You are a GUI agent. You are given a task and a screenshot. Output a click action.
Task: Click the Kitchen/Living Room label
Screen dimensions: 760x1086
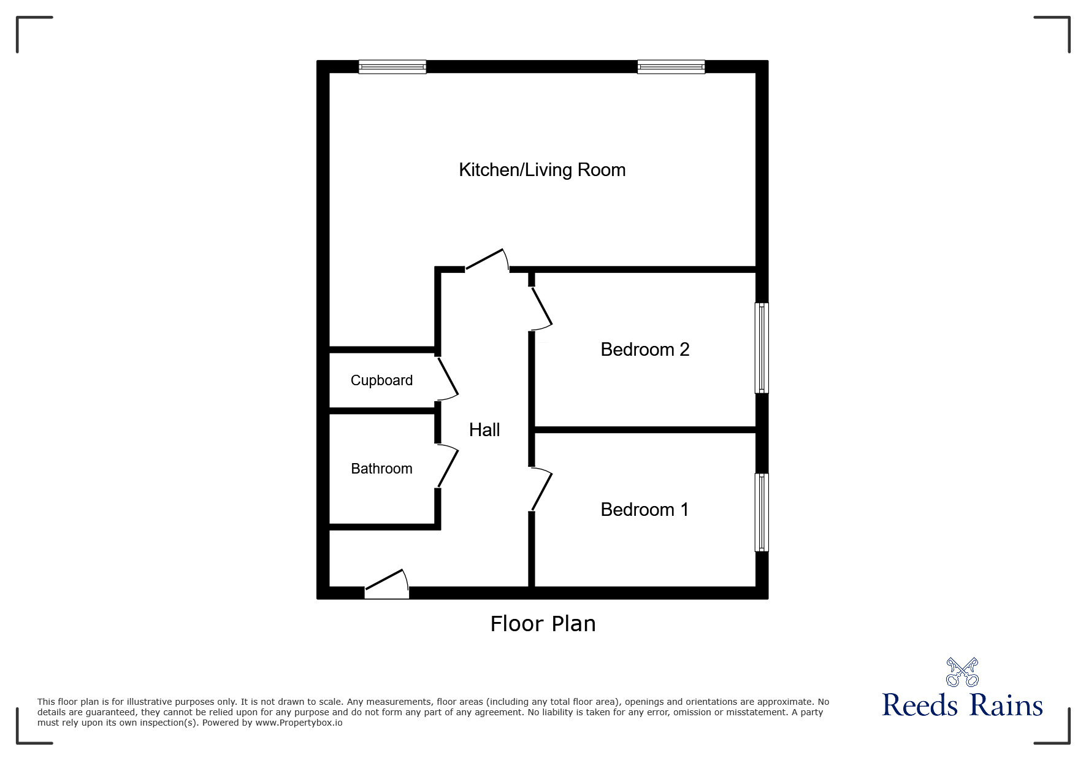542,170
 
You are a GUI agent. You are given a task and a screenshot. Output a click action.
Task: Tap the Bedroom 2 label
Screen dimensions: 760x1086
644,350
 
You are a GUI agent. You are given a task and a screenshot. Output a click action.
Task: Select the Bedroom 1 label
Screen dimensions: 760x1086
644,510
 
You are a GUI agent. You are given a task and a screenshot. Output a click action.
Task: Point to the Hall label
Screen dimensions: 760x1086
484,430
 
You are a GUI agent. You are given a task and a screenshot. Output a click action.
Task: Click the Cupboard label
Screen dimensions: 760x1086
381,380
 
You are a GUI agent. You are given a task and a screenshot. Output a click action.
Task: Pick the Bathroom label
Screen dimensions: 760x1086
381,469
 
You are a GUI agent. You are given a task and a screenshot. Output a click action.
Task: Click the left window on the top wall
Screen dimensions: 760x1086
392,67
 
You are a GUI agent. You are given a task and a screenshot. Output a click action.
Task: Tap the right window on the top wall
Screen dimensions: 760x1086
671,67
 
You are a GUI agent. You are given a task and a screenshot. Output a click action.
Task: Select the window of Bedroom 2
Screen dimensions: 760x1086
761,348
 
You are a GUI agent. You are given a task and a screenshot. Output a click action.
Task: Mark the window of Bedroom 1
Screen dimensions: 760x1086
761,512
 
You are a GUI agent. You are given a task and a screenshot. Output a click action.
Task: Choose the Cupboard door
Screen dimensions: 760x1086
448,378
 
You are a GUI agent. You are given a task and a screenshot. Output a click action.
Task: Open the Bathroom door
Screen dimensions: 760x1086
448,467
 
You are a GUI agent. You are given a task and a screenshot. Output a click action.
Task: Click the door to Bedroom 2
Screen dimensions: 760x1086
541,308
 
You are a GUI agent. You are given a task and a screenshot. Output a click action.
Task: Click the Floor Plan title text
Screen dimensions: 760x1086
543,624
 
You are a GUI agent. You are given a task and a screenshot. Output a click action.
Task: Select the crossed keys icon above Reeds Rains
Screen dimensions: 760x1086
962,672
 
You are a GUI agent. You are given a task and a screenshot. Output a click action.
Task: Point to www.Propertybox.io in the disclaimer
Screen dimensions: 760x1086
299,723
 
